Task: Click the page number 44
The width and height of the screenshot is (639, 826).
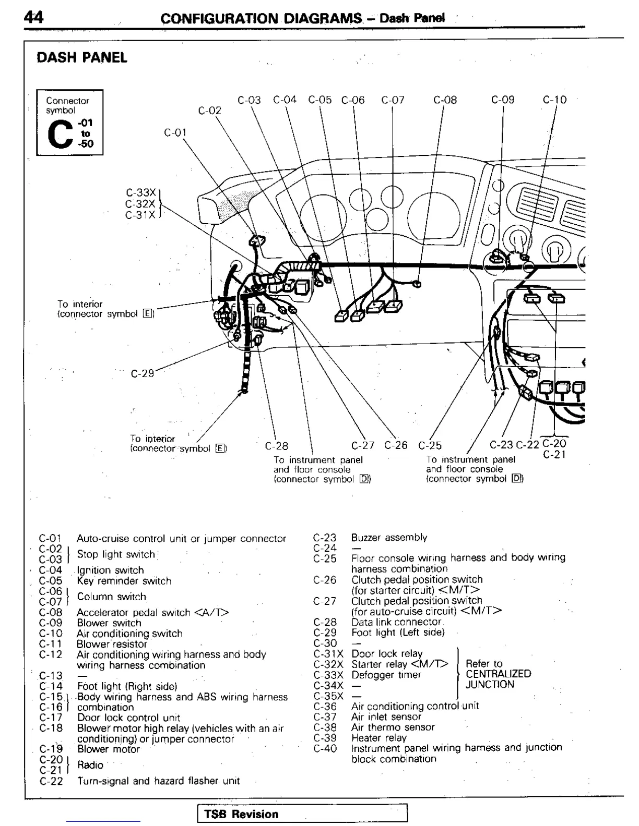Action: (x=33, y=17)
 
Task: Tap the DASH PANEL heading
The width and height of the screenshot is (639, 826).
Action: (x=82, y=57)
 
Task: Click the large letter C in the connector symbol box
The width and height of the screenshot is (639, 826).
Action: (x=58, y=133)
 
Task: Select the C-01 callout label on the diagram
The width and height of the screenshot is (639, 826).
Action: (x=175, y=132)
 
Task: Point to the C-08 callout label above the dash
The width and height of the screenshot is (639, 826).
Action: (x=445, y=100)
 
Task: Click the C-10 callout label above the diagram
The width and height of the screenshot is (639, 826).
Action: (x=554, y=100)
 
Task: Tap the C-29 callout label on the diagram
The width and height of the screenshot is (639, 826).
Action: (x=142, y=373)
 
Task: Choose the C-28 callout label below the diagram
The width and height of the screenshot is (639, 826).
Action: (x=276, y=446)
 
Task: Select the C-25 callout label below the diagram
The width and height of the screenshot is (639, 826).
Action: (x=430, y=445)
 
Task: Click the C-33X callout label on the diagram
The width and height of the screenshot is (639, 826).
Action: (x=140, y=192)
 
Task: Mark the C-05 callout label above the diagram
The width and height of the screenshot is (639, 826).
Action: (x=319, y=100)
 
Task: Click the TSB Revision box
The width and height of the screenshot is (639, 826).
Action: (x=302, y=813)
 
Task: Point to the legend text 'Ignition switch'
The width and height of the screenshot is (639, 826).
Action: (x=110, y=570)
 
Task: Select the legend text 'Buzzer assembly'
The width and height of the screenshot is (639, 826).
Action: (x=389, y=537)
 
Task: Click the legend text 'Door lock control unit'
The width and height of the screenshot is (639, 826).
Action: (x=128, y=718)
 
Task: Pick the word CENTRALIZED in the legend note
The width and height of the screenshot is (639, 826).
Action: (x=498, y=674)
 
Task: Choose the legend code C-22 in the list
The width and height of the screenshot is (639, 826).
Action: (x=51, y=781)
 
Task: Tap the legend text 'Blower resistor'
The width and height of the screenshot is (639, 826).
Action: (x=112, y=644)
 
